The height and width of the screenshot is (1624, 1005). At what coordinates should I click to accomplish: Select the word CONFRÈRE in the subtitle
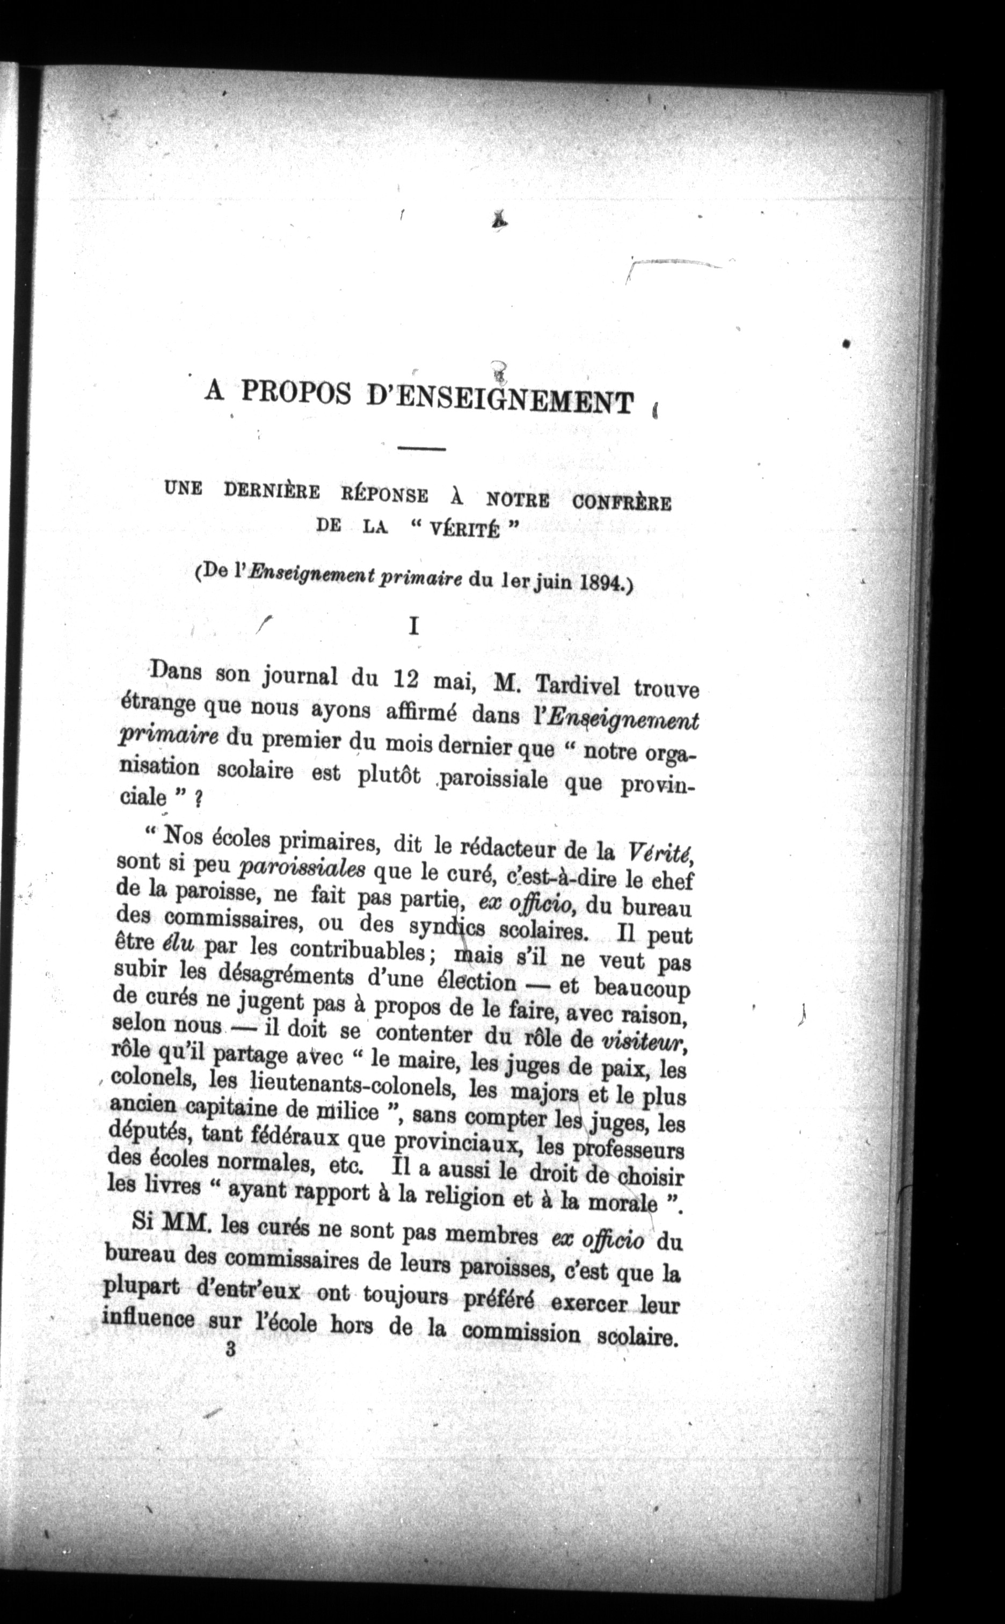pyautogui.click(x=622, y=503)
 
